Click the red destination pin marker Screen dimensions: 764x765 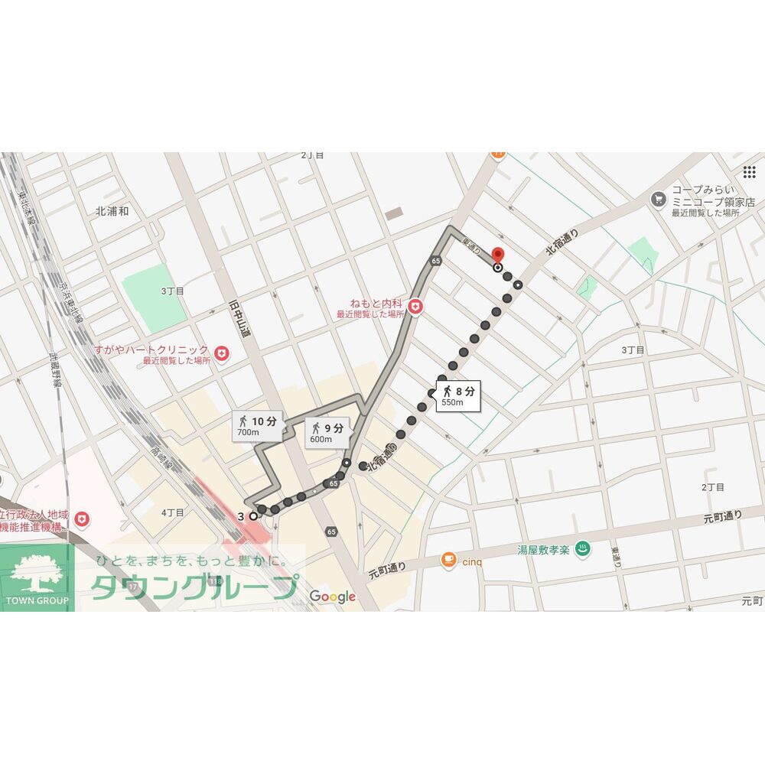(x=497, y=256)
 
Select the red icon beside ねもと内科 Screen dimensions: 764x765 (x=415, y=307)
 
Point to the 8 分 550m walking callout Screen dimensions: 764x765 (x=460, y=396)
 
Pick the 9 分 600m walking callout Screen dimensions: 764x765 (x=327, y=432)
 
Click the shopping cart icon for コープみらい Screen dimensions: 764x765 (x=658, y=199)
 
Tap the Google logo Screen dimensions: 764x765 (x=333, y=597)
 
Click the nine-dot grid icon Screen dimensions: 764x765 (x=749, y=171)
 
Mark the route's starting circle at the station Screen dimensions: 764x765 (x=253, y=515)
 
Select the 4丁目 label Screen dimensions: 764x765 (x=173, y=512)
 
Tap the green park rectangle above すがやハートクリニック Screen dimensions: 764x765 (x=155, y=297)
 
